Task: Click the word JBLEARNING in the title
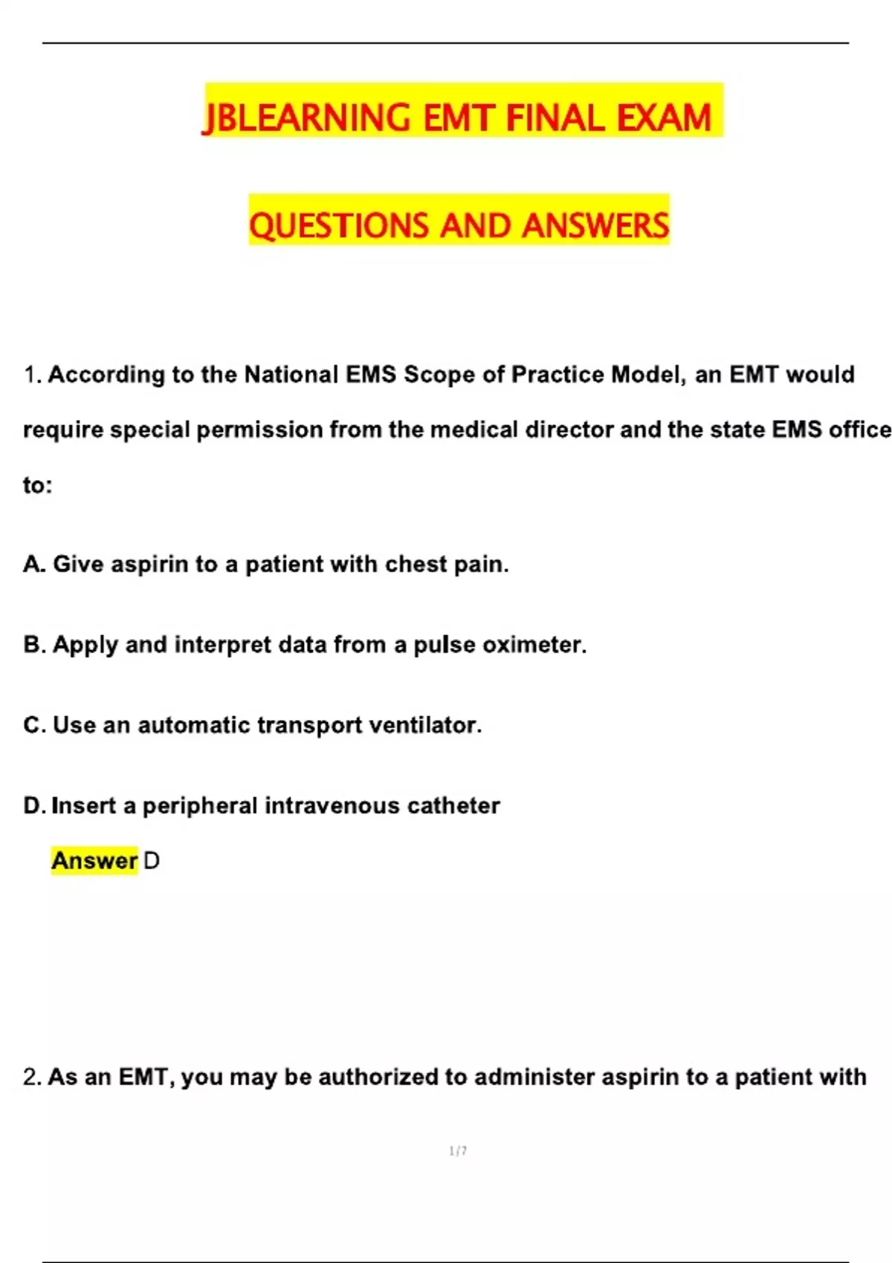pos(306,119)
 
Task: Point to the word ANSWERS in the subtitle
pos(595,226)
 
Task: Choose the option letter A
pos(33,565)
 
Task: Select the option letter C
pos(33,725)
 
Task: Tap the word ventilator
pos(423,725)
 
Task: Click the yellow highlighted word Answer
pos(94,861)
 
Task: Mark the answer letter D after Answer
pos(151,861)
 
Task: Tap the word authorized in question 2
pos(378,1077)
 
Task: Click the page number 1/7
pos(458,1151)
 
